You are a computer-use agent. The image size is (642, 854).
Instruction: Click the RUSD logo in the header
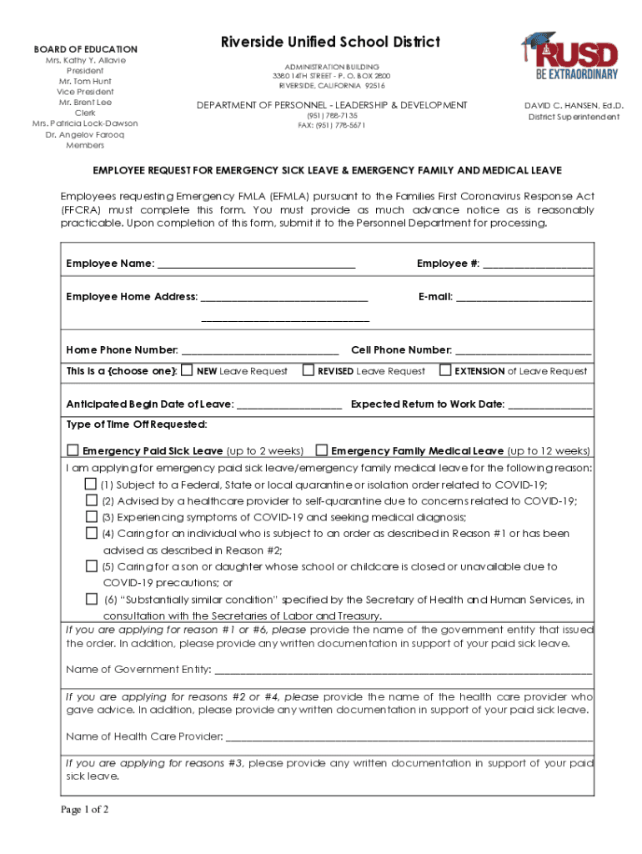coord(569,57)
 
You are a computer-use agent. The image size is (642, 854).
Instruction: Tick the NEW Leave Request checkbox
coord(188,370)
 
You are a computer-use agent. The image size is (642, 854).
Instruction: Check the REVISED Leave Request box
coord(308,370)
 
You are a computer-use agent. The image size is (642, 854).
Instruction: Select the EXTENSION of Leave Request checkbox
coord(445,370)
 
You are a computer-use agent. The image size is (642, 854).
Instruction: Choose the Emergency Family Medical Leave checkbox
coord(322,450)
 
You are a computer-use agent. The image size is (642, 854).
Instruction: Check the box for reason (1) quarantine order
coord(91,484)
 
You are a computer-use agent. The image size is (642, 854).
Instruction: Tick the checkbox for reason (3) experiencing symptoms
coord(91,516)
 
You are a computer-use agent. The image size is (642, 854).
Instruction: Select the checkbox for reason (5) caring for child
coord(91,565)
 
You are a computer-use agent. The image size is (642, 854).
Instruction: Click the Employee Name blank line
coord(256,264)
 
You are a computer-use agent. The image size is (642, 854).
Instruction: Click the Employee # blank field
coord(538,264)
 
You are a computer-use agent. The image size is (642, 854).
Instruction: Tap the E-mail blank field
coord(524,297)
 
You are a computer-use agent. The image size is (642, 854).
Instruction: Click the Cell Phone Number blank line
coord(523,350)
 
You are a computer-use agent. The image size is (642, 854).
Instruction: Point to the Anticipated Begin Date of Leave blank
coord(289,404)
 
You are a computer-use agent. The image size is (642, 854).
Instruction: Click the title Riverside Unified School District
coord(330,43)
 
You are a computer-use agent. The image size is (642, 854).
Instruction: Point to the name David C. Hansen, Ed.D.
coord(574,106)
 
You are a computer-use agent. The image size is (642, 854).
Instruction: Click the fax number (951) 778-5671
coord(330,125)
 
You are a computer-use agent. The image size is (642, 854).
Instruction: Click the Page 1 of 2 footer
coord(84,810)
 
